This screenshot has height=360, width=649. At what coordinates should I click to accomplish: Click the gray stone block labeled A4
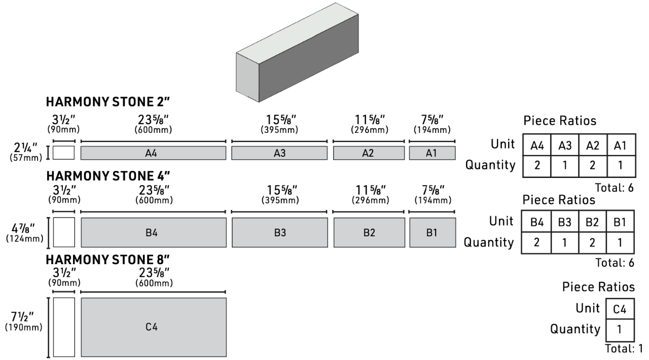[x=153, y=153]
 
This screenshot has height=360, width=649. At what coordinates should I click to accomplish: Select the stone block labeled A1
[x=432, y=153]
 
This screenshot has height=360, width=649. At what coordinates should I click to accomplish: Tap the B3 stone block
[x=279, y=232]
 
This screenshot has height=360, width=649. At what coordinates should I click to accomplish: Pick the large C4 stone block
[x=154, y=327]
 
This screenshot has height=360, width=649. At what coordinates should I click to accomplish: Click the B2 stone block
[x=369, y=232]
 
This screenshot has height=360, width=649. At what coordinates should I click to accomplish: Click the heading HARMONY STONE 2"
[x=108, y=102]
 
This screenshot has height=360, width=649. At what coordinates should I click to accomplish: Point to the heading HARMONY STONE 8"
[x=108, y=260]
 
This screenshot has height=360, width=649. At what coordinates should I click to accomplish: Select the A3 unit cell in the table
[x=565, y=145]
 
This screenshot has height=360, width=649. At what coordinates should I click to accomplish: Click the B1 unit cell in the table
[x=620, y=222]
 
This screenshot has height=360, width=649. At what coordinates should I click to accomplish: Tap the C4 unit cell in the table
[x=620, y=309]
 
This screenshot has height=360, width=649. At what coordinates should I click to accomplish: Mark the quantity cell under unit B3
[x=564, y=243]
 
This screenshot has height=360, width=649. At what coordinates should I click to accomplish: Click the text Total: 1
[x=624, y=348]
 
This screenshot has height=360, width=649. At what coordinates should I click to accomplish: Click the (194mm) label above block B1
[x=433, y=200]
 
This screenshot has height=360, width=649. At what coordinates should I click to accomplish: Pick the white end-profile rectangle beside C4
[x=64, y=327]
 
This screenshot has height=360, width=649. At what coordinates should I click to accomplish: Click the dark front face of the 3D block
[x=309, y=58]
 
